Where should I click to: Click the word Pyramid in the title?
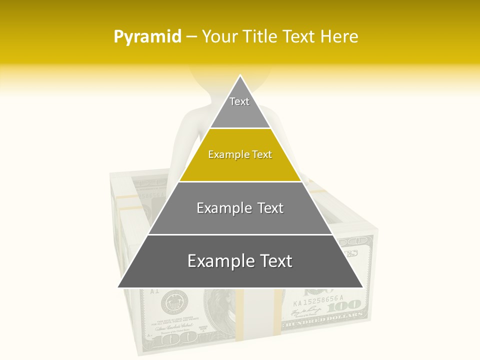pos(147,36)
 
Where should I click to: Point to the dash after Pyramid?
pos(191,37)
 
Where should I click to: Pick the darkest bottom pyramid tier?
pos(240,270)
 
